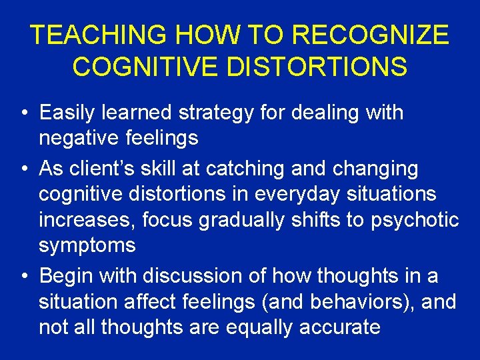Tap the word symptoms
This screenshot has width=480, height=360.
coord(87,245)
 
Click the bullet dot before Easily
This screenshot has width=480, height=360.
coord(24,113)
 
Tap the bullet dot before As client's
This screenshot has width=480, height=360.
coord(24,170)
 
